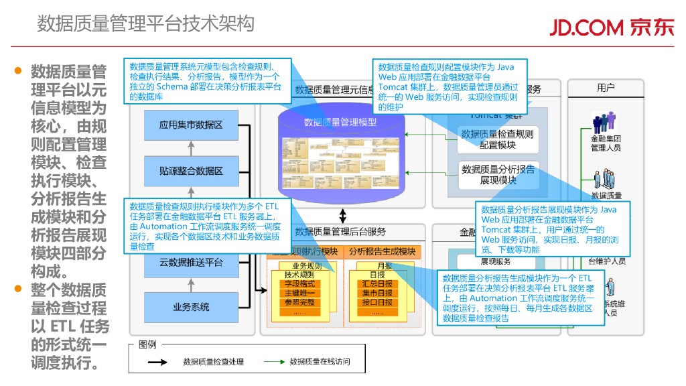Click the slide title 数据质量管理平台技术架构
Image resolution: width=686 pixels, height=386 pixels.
(x=145, y=24)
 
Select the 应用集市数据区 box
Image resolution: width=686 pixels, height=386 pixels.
(x=191, y=125)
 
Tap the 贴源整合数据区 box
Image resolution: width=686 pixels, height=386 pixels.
(x=191, y=171)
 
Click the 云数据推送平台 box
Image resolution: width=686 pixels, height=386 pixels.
(x=191, y=263)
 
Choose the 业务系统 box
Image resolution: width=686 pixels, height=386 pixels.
(x=191, y=307)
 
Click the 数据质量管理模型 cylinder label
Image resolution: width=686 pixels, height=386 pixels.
(x=340, y=123)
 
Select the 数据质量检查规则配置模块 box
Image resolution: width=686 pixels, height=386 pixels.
(x=498, y=139)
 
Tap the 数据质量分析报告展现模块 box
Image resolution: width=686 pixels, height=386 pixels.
(x=498, y=174)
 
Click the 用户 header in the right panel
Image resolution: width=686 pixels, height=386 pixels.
(x=606, y=88)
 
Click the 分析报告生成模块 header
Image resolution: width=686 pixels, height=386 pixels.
(x=383, y=251)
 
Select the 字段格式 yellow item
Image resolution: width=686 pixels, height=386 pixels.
(x=299, y=284)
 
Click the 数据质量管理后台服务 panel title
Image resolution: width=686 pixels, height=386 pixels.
(x=340, y=232)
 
